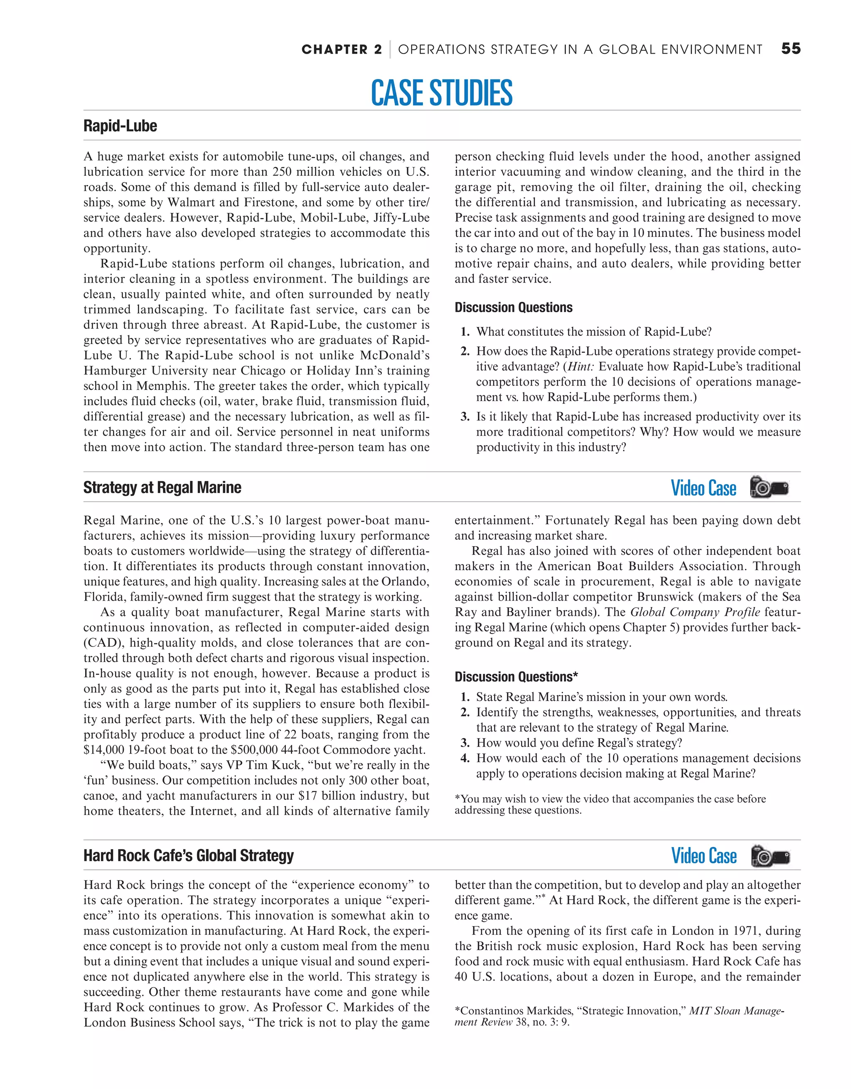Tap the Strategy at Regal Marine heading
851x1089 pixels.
162,487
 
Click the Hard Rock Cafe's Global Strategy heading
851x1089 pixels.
189,856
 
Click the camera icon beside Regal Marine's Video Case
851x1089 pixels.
769,487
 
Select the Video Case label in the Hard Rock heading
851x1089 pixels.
703,856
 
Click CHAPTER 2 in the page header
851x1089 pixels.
342,49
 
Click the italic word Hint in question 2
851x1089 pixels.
581,367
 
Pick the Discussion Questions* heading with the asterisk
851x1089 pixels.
516,677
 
